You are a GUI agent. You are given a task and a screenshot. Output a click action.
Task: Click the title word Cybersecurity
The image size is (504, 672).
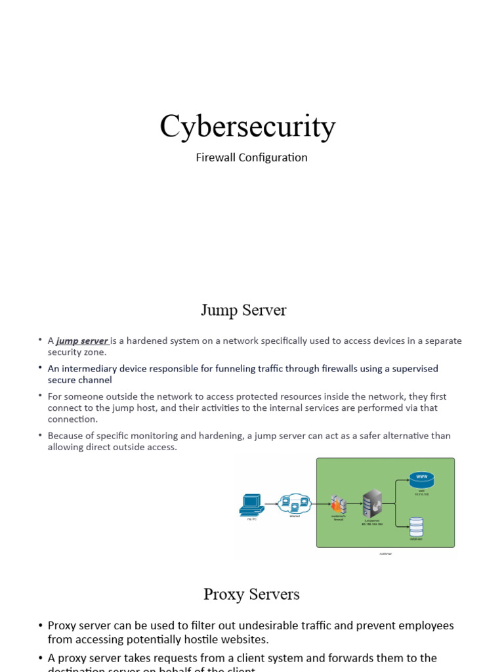(247, 127)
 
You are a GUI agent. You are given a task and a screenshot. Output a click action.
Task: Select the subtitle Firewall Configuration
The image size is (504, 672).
(251, 157)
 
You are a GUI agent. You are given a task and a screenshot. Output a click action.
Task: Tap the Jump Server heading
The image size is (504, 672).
(243, 310)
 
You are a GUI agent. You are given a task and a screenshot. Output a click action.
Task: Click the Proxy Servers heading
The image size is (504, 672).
(251, 594)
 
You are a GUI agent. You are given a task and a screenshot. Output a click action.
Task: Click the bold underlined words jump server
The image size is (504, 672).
(82, 341)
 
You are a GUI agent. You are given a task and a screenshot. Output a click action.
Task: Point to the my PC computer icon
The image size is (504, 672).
(251, 503)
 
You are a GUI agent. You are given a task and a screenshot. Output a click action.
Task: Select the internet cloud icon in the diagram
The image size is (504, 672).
(294, 504)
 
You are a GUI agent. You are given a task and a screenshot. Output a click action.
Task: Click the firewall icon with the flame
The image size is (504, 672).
(338, 504)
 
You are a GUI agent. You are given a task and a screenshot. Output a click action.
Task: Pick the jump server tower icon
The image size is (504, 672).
(372, 503)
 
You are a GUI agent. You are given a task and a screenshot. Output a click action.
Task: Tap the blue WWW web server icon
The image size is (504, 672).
(421, 480)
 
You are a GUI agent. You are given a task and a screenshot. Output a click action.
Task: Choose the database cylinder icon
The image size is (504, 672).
(416, 526)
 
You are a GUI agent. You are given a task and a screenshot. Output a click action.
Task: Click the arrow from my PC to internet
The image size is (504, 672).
(270, 504)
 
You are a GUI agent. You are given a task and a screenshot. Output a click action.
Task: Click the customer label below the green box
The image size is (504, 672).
(386, 554)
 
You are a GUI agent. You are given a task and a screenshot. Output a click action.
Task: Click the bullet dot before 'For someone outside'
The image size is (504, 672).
(41, 396)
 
